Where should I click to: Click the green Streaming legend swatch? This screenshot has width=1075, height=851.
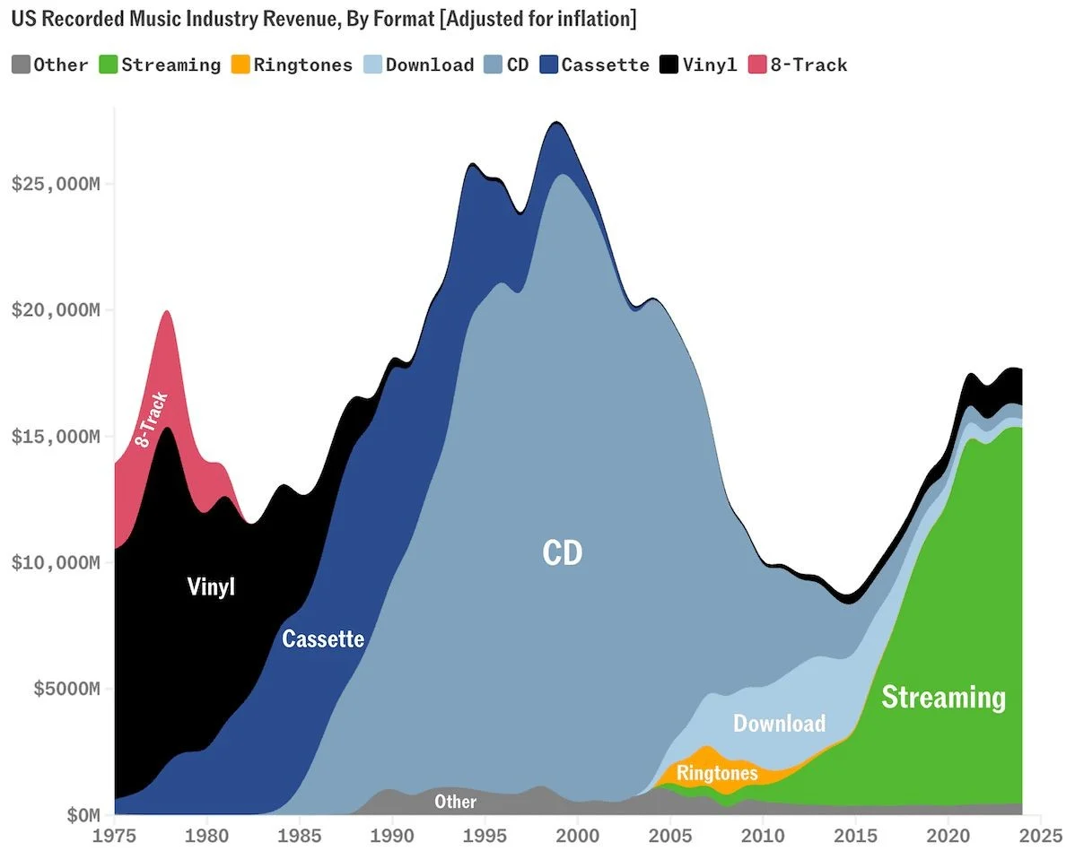tap(109, 65)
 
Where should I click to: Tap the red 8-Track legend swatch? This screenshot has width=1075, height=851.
tap(758, 65)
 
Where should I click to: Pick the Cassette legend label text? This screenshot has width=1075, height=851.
tap(605, 65)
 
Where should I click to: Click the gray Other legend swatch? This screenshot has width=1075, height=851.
tap(21, 65)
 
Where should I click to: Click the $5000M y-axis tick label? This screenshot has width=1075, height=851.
tap(61, 689)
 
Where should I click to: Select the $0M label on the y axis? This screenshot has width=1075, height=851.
tap(77, 815)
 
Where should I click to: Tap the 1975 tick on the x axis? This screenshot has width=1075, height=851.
tap(115, 835)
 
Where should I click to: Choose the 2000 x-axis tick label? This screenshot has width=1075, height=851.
tap(578, 835)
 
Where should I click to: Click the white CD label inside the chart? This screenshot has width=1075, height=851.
tap(563, 552)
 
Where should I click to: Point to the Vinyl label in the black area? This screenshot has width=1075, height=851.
tap(211, 587)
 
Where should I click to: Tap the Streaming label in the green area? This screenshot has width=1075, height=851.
tap(943, 697)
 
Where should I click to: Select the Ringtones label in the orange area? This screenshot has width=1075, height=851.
tap(717, 773)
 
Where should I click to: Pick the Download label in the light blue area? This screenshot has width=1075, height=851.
tap(779, 723)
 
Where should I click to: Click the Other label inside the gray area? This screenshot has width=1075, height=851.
tap(455, 801)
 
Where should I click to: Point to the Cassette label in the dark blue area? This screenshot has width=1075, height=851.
tap(323, 638)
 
